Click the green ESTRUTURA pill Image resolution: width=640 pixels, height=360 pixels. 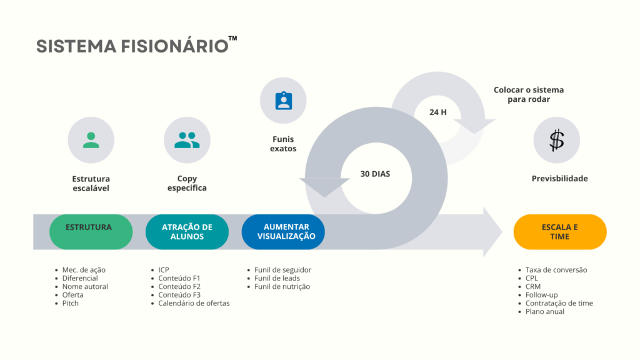coord(91,232)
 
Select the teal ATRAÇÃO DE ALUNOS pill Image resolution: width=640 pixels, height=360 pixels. coord(187,232)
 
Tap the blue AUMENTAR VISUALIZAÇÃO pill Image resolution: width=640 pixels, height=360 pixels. coord(283,232)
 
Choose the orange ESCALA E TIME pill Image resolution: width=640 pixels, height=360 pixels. coord(560,232)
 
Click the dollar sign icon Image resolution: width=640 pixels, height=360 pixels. coord(557,140)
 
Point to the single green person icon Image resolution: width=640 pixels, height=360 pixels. coord(91,140)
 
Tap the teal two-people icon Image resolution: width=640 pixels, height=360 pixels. coord(187,140)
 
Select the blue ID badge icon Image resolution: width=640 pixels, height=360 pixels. coord(284,101)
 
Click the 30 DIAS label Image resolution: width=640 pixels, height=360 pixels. coord(375,174)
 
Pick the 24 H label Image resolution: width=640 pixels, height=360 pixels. coord(438,112)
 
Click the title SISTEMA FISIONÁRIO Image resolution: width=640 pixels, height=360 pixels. coord(132,46)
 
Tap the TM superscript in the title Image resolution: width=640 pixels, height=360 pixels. coord(232,38)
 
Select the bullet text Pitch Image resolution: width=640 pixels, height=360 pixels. coord(70,303)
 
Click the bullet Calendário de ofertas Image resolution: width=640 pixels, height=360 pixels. coord(194,303)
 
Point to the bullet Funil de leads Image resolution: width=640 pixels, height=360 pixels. coord(277,278)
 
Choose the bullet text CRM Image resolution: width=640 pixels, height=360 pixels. coord(533,286)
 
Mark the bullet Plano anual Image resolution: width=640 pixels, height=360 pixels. coord(545,311)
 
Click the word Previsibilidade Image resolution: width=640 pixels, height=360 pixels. coord(559,178)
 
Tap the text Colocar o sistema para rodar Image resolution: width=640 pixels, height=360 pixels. coord(529,94)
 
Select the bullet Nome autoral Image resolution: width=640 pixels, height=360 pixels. coord(85,286)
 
